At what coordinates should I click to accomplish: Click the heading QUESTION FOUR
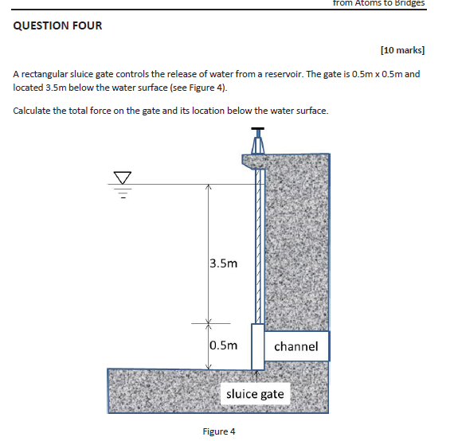click(x=58, y=25)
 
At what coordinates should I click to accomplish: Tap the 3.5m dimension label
click(x=224, y=263)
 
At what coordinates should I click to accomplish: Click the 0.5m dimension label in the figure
click(x=224, y=345)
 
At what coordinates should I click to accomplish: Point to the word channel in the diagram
click(x=296, y=346)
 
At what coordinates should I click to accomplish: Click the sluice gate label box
click(x=255, y=394)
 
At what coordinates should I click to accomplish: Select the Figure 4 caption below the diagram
click(x=219, y=431)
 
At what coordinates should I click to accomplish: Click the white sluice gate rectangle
click(x=256, y=346)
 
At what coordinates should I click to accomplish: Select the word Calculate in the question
click(x=33, y=110)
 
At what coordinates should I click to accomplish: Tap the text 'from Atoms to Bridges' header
click(x=378, y=3)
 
